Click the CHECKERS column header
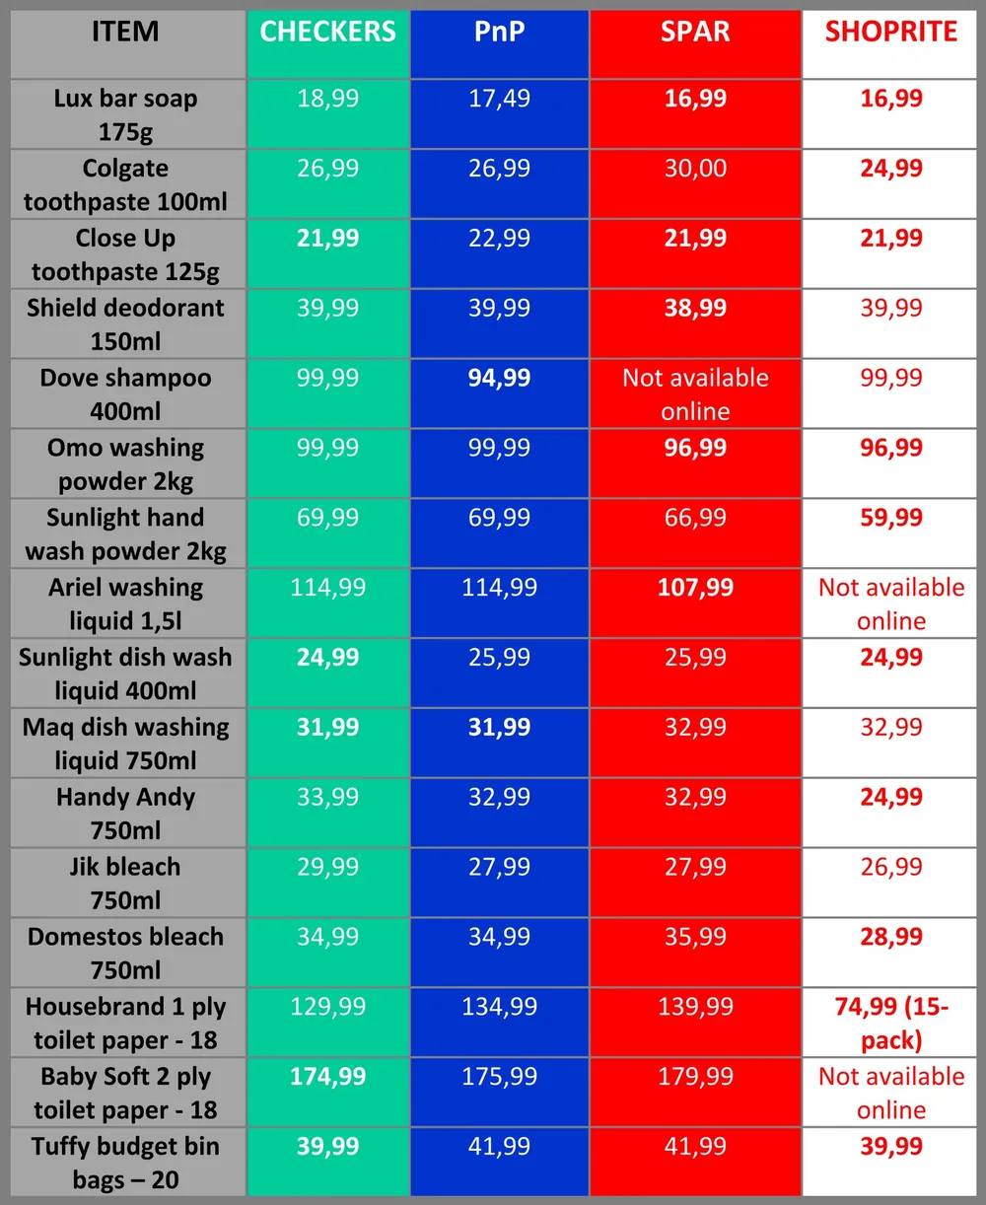[327, 33]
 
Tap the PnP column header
[499, 33]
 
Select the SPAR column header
[695, 33]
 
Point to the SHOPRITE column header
[890, 33]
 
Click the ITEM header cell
[125, 33]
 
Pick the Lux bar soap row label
[125, 114]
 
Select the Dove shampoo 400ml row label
[125, 394]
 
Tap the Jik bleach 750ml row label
[125, 884]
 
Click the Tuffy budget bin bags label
[125, 1163]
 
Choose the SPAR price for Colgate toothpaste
[695, 169]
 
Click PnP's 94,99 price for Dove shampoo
[499, 379]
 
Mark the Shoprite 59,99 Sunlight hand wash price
[890, 519]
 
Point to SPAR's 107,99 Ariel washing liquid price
[695, 589]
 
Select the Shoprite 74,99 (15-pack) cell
[890, 1024]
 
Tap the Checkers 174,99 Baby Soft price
[327, 1077]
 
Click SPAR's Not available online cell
[695, 394]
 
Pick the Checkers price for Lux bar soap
[327, 99]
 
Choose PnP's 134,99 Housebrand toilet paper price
[499, 1007]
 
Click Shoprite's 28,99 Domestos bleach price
[890, 937]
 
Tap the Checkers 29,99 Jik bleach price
[327, 868]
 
